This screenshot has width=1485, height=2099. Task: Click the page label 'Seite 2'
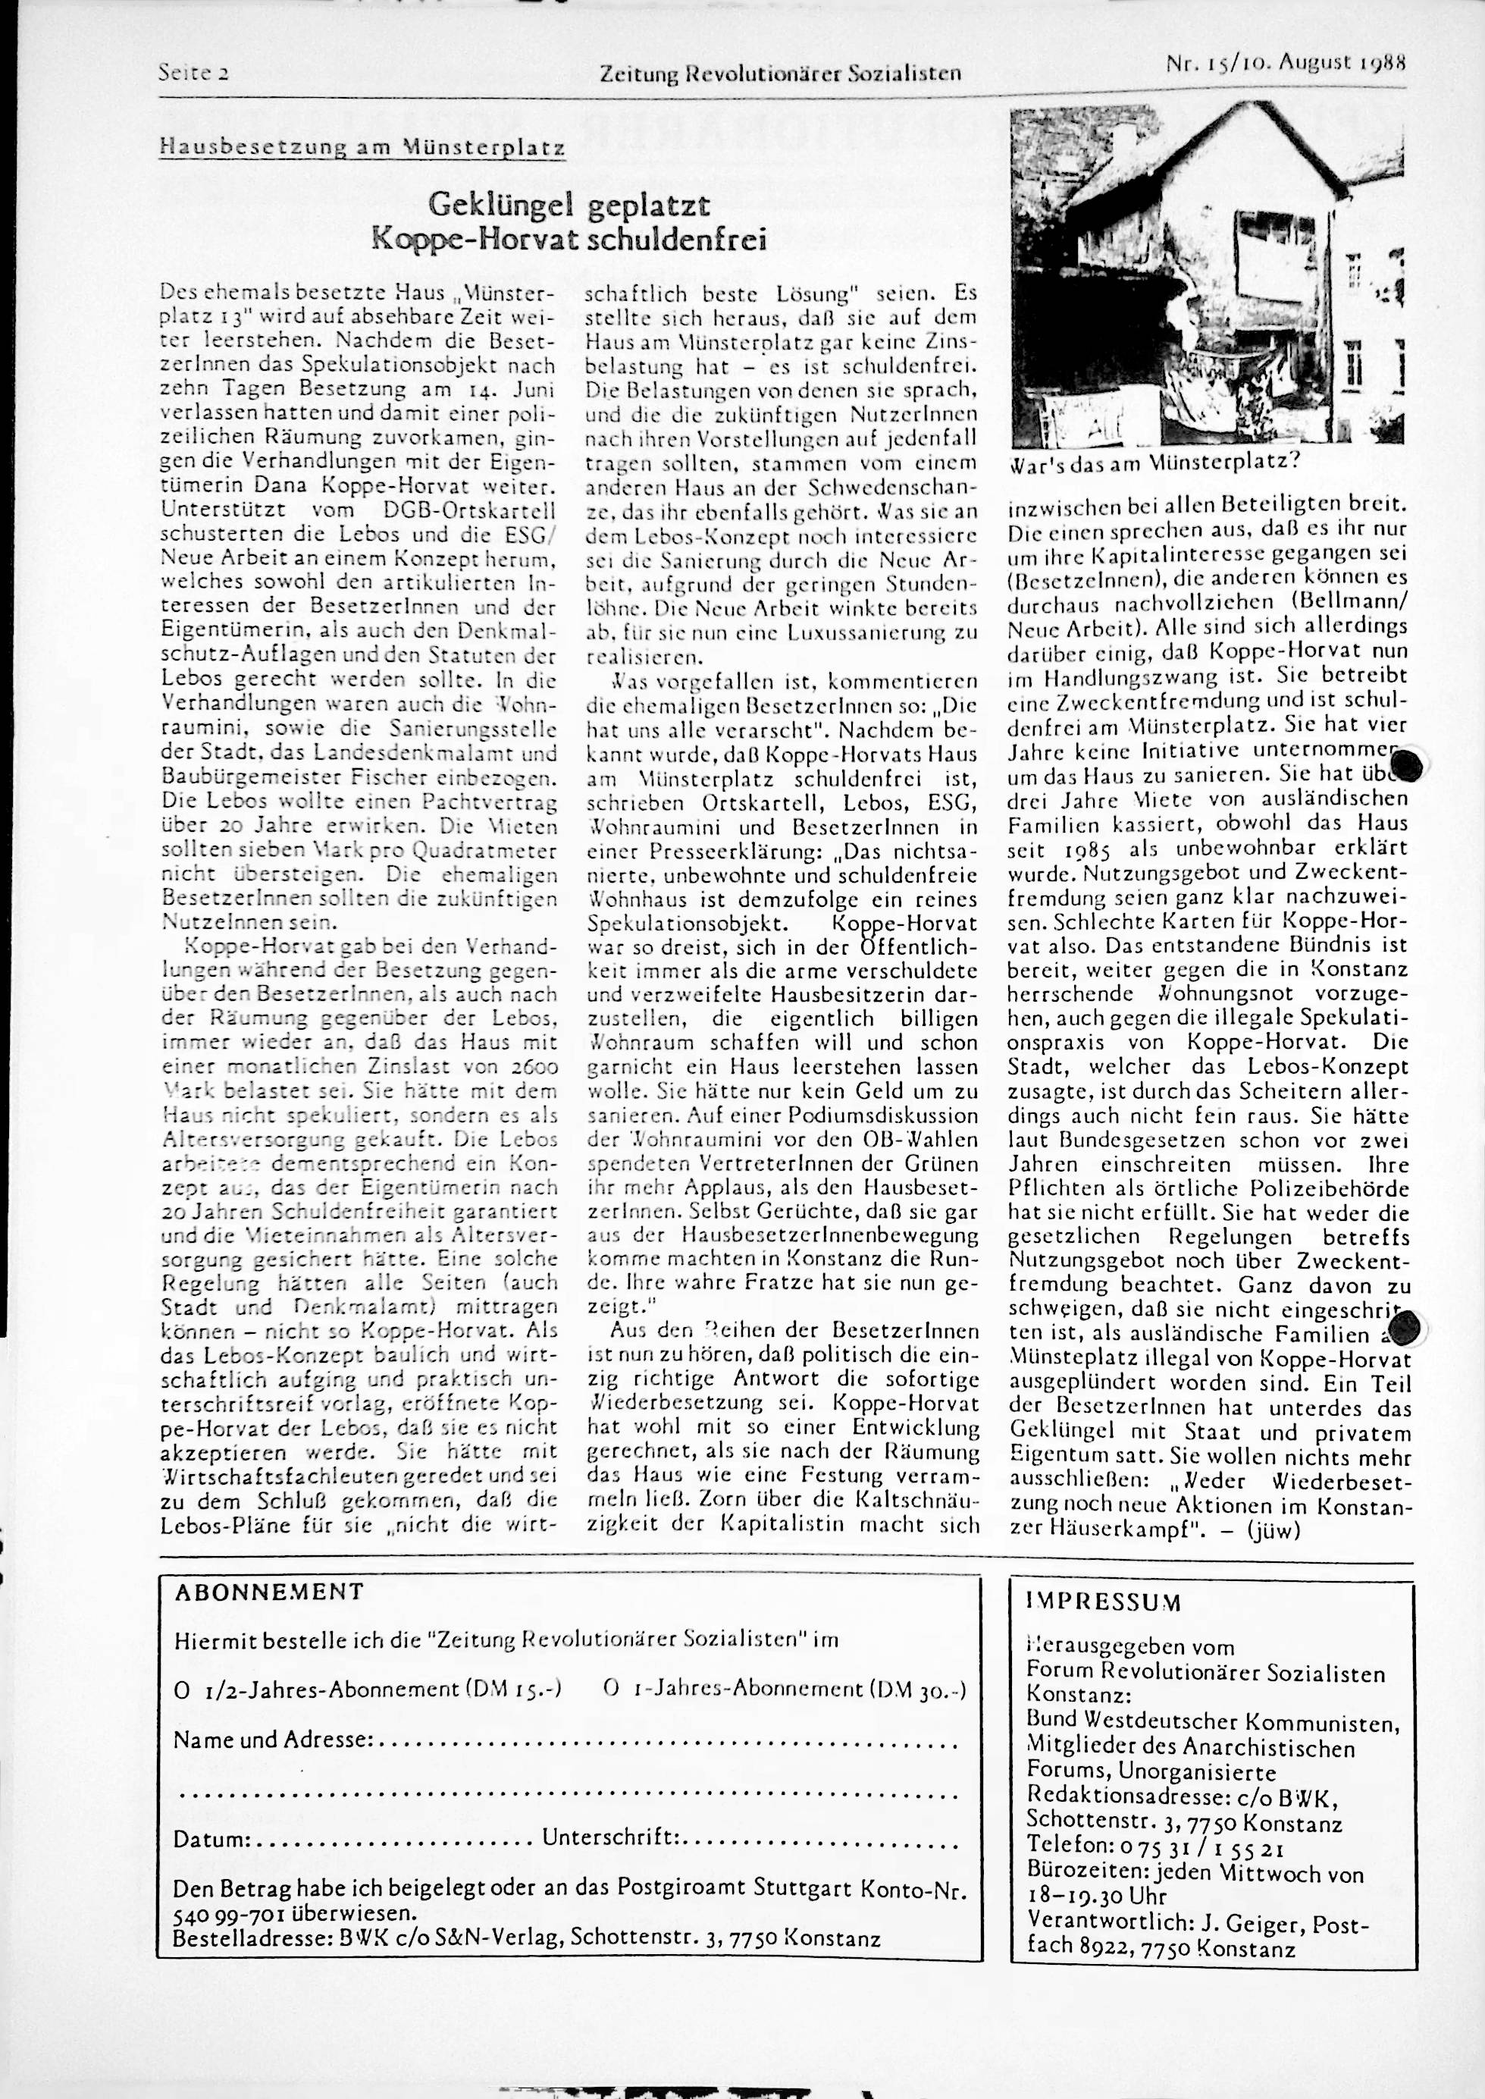[193, 72]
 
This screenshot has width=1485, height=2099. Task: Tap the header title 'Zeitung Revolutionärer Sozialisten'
[780, 72]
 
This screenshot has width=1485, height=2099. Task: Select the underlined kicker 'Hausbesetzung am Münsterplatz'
[361, 146]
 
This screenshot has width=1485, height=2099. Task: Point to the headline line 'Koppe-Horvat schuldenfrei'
[569, 240]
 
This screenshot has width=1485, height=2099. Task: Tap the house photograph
[1207, 275]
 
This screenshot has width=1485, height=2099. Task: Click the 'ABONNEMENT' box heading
[269, 1592]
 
